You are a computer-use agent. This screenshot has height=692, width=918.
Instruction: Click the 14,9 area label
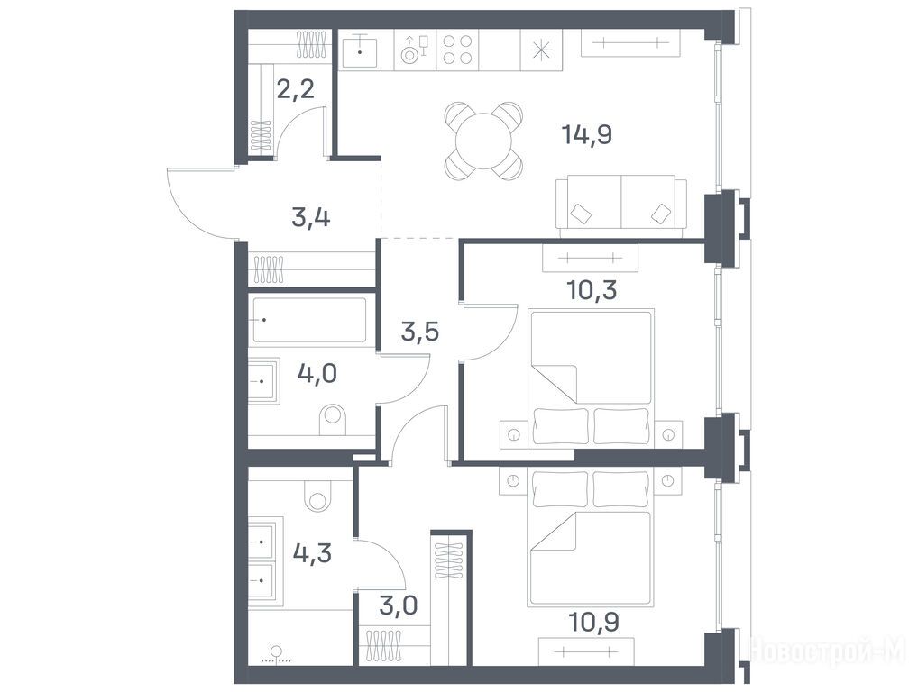pos(587,135)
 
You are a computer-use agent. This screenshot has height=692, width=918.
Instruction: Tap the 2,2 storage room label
pos(296,89)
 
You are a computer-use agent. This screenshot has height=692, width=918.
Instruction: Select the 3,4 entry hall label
pos(311,218)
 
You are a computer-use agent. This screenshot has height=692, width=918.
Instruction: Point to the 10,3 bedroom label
pos(592,289)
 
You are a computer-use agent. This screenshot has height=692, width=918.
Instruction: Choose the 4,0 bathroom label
pos(317,373)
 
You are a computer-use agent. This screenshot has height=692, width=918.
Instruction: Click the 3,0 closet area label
pos(398,605)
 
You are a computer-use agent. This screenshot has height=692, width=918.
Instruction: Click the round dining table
pos(483,141)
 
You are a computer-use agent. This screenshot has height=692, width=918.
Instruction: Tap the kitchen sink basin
pos(360,50)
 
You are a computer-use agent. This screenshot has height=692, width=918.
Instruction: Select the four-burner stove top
pos(457,50)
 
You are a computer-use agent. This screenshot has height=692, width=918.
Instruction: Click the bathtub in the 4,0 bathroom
pos(309,319)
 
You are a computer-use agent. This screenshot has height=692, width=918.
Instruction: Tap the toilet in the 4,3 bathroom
pos(318,497)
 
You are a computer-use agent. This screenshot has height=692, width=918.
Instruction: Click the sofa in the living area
pos(621,206)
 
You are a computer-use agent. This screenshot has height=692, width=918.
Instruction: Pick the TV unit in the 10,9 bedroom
pos(587,651)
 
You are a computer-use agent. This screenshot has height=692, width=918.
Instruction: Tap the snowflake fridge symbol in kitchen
pos(542,50)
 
